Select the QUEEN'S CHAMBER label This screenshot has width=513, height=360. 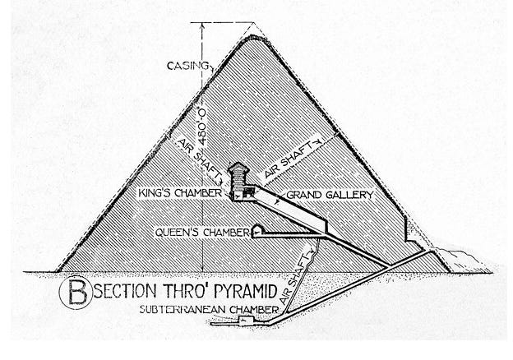coord(201,233)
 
